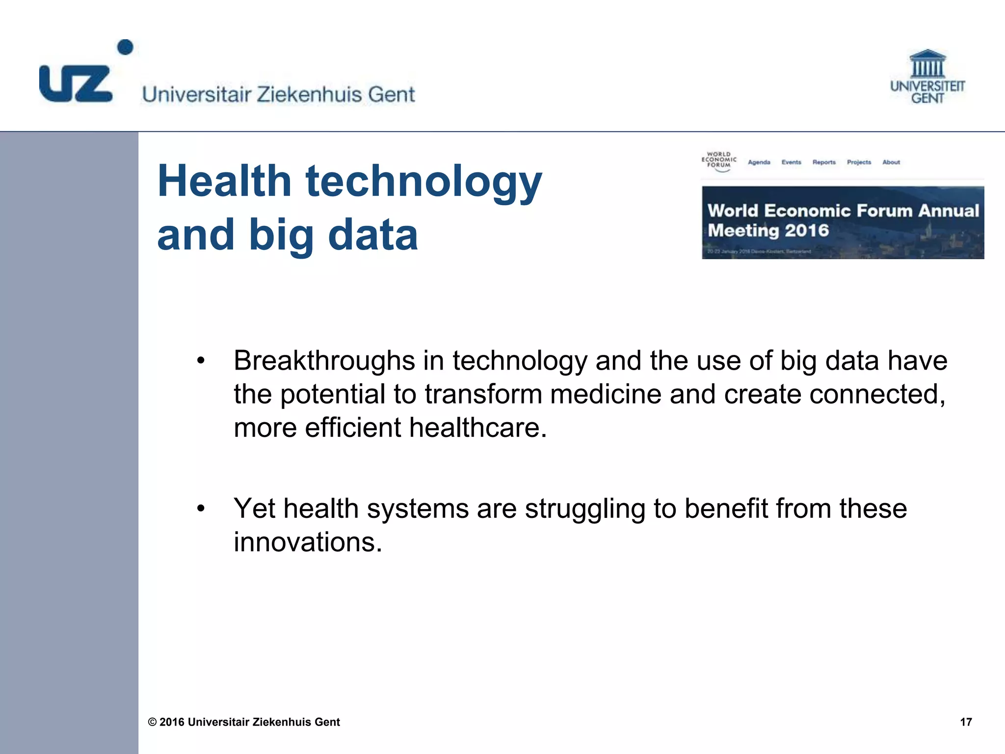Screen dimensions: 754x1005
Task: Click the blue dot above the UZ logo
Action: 126,47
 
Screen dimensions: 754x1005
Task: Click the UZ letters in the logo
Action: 76,84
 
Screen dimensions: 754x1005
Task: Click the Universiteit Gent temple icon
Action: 927,64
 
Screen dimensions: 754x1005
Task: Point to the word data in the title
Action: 372,235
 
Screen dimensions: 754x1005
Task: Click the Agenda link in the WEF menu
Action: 759,162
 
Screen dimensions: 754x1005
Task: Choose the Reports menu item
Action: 823,162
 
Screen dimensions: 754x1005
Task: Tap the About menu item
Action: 891,162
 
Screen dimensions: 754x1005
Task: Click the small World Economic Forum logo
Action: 719,161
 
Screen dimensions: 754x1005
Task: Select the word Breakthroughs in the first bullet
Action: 324,361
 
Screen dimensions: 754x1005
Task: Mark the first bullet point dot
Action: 200,361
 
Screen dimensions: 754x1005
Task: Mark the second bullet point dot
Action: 200,509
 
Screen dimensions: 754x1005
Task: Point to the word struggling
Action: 585,509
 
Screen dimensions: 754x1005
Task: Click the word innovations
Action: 307,542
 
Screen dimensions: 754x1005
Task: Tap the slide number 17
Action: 966,722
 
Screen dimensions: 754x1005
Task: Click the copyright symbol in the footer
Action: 153,722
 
